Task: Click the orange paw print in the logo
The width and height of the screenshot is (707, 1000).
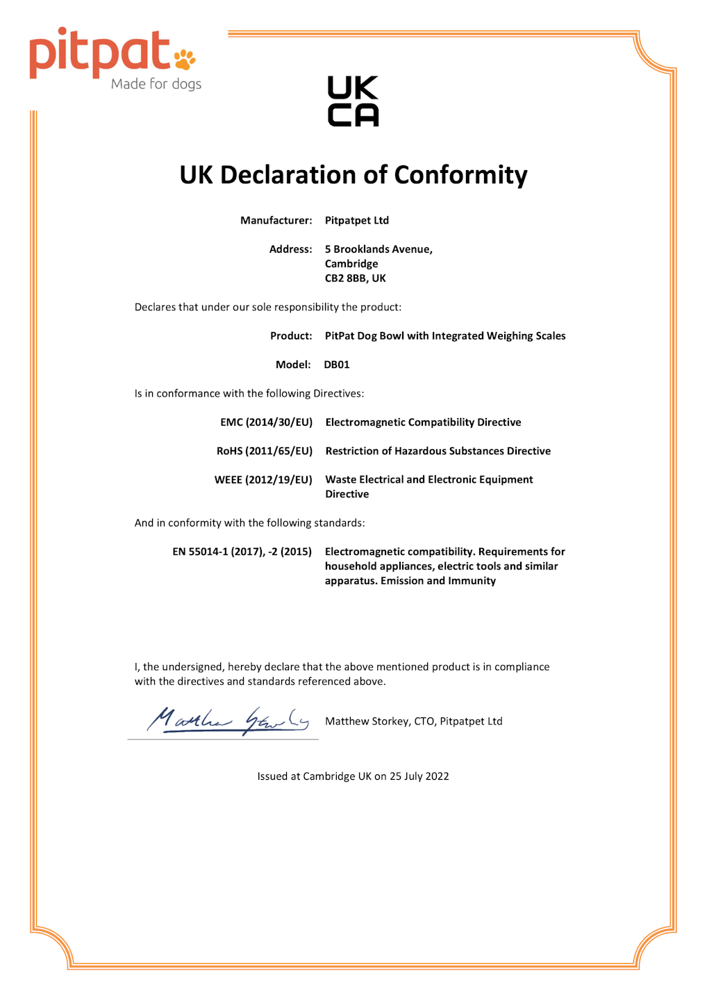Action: (185, 60)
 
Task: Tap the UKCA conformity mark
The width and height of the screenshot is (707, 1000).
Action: (353, 101)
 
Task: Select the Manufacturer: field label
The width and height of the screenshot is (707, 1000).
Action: (276, 220)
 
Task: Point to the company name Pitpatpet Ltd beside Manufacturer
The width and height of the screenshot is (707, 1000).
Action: (357, 220)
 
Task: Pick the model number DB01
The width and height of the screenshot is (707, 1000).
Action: (337, 365)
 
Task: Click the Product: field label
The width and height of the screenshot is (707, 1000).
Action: (291, 336)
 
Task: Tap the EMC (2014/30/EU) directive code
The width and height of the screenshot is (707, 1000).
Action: (267, 422)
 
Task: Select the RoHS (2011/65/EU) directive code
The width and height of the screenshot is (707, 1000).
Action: (265, 451)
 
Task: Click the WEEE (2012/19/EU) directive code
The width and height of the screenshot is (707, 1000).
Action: (263, 480)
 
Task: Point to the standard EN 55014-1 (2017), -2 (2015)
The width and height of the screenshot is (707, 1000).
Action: (242, 552)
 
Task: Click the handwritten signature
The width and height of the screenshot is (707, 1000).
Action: (226, 721)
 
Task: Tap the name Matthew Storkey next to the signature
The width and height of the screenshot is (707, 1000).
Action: (367, 722)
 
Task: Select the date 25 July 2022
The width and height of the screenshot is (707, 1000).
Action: (419, 776)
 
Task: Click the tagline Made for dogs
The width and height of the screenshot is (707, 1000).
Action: (156, 84)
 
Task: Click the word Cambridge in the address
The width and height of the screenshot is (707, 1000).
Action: (351, 264)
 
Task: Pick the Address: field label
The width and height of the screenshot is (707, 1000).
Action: (291, 249)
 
